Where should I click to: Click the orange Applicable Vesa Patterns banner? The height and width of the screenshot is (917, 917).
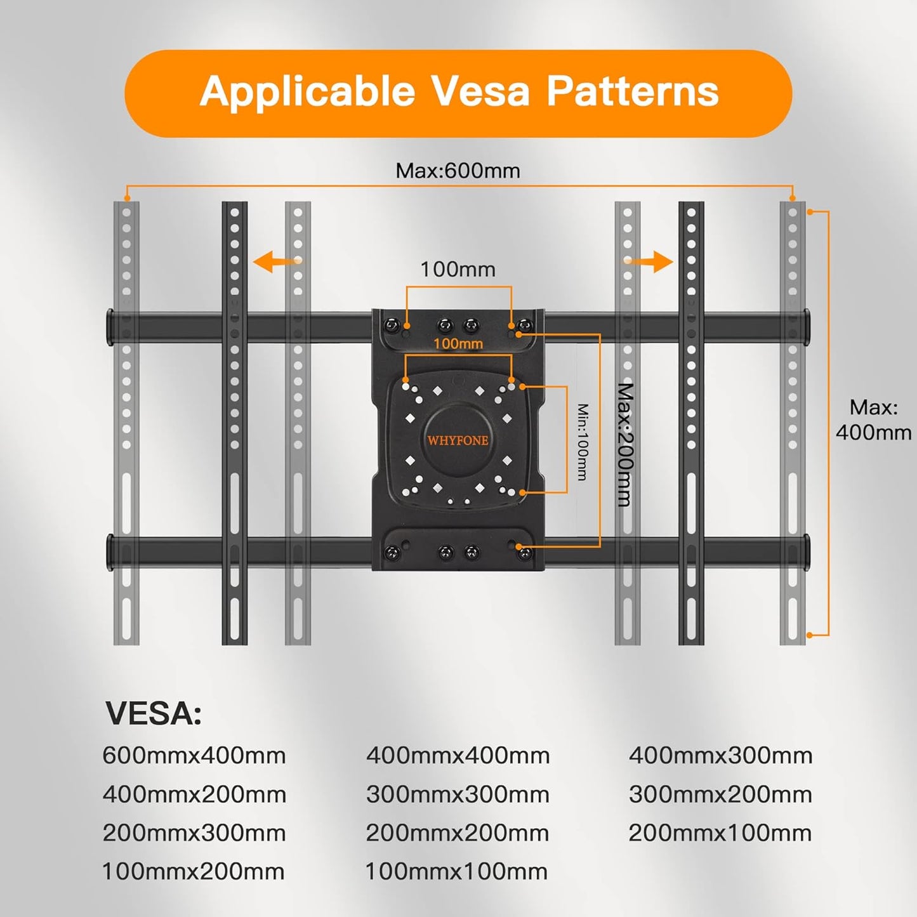click(458, 93)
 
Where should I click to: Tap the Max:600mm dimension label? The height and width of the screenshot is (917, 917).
click(458, 171)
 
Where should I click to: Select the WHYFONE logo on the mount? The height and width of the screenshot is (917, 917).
click(458, 440)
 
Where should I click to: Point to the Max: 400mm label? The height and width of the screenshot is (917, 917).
click(873, 419)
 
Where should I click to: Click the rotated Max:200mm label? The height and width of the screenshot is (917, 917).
click(625, 444)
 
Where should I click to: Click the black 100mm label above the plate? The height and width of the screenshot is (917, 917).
click(458, 269)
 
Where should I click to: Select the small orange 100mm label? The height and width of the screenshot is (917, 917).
click(458, 344)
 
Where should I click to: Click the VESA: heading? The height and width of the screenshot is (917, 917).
click(154, 713)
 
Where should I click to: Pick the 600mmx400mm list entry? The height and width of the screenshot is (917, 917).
click(194, 755)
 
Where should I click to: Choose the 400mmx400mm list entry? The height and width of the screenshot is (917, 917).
click(458, 755)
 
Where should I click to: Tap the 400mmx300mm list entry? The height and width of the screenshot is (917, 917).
click(720, 755)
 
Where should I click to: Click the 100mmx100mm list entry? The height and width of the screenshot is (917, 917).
click(456, 871)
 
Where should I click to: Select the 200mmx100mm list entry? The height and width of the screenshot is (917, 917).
click(720, 833)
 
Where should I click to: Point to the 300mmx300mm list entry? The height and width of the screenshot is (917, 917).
click(458, 794)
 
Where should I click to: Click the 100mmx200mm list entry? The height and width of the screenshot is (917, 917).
click(194, 871)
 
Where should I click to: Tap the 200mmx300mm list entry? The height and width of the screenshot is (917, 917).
click(194, 833)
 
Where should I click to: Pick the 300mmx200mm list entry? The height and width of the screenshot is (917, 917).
click(720, 794)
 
